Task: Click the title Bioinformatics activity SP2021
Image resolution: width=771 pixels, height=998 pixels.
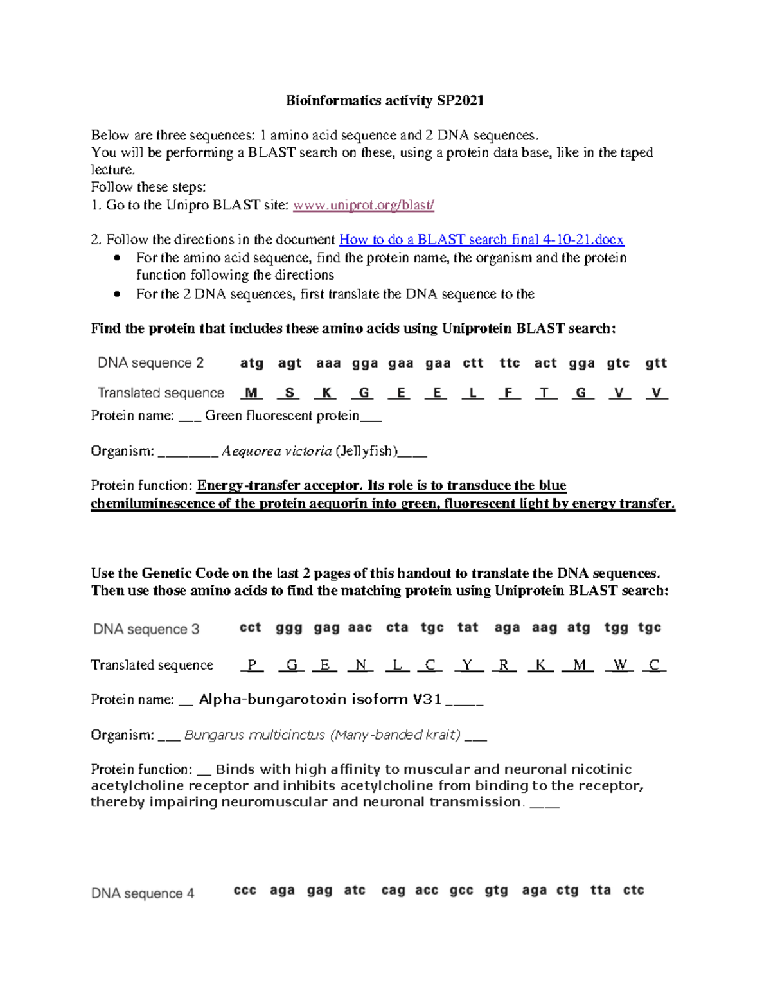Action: (x=384, y=100)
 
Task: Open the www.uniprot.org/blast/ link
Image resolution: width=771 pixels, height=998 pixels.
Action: (x=364, y=205)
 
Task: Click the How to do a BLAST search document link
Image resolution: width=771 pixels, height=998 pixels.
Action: (x=481, y=240)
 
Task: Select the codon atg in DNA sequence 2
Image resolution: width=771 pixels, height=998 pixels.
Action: (x=252, y=363)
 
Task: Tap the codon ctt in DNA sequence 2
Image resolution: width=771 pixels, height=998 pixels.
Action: (x=473, y=363)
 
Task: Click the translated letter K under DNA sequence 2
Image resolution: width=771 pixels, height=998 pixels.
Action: (x=326, y=393)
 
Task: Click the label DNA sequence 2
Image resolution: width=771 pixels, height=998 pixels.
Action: (x=150, y=363)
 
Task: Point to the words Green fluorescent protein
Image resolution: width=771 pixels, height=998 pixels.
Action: (x=282, y=416)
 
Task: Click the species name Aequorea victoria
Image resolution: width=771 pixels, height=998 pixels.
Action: (x=277, y=451)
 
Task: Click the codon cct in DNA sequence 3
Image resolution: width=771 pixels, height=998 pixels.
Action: (x=250, y=627)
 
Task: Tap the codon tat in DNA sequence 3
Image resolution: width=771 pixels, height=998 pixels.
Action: (x=468, y=627)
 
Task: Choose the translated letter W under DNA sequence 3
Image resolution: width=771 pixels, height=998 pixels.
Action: (x=619, y=665)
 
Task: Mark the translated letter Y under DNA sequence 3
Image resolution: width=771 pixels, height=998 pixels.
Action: (x=468, y=665)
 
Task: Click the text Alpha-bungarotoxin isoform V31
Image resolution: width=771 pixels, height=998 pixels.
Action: (x=320, y=699)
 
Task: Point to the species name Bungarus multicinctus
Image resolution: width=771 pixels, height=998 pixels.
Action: (x=254, y=735)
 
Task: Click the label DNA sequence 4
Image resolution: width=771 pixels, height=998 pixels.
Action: (x=143, y=893)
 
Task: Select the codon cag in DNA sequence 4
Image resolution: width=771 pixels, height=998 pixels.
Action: (x=393, y=890)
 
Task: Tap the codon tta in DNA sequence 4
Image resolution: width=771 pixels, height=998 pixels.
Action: (x=600, y=890)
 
